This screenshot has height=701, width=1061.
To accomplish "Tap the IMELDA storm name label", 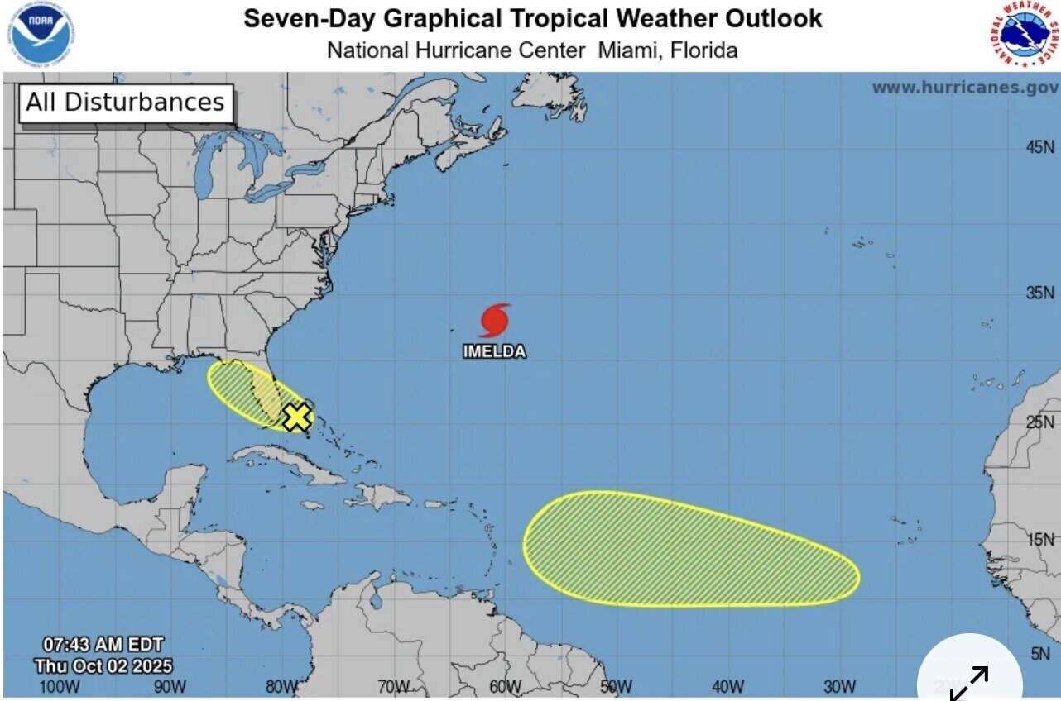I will coord(494,351).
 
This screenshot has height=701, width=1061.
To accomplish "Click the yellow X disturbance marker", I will coord(296,417).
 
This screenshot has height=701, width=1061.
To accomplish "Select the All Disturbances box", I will coord(125,103).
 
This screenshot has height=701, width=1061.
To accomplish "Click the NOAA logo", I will coord(41,35).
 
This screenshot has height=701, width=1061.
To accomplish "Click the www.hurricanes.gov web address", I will coord(964,88).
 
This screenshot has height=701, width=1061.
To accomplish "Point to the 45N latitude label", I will coord(1040,147).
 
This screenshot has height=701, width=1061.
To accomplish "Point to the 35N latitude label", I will coord(1040,293).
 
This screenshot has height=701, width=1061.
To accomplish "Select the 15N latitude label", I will coord(1040,540).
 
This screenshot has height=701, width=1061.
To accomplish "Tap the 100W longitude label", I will coord(59,686).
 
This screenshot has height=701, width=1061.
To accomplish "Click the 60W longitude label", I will coord(505,686).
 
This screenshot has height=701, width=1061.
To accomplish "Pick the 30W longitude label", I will coord(839,686).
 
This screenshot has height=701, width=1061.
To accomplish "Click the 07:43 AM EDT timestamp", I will coord(103,644).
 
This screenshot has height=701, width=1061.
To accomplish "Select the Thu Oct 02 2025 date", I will coord(103,665).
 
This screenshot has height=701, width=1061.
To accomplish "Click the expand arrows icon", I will coord(969,683).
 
